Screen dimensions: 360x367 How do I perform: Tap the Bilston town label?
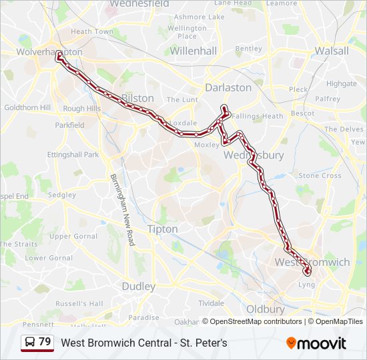click(x=136, y=98)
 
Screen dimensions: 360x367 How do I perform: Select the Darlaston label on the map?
click(x=228, y=87)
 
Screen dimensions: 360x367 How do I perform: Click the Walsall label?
click(x=332, y=51)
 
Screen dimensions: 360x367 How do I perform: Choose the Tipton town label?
click(x=162, y=229)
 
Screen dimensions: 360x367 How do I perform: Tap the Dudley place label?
click(x=138, y=287)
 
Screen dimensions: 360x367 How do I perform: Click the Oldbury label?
click(x=266, y=309)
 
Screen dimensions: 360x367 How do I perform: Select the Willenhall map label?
click(x=194, y=51)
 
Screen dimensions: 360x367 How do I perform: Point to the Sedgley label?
click(x=62, y=195)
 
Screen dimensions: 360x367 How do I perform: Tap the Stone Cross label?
click(x=320, y=176)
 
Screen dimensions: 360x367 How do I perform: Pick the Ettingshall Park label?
click(x=73, y=155)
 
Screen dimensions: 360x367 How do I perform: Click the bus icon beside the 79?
click(x=30, y=343)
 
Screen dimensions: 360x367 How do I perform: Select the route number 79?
click(x=45, y=342)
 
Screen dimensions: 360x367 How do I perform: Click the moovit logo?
click(x=316, y=343)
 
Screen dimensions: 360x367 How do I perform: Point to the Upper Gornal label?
click(x=73, y=237)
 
